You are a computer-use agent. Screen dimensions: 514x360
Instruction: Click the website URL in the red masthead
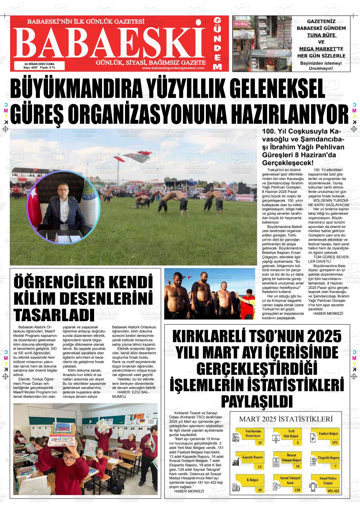tap(173, 68)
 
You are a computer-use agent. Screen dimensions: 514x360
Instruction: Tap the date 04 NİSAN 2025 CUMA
tap(39, 64)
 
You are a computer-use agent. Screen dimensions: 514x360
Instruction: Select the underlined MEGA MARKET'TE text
tap(321, 49)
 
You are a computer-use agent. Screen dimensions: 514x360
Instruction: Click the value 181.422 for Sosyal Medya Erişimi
tap(333, 490)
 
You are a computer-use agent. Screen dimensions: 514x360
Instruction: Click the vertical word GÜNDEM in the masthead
tap(217, 43)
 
